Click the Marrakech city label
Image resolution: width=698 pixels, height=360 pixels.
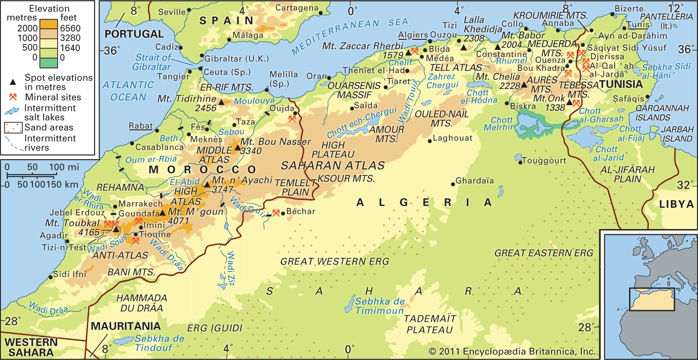140,204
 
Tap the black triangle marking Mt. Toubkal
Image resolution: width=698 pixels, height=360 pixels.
116,229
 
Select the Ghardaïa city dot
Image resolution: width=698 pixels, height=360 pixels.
453,184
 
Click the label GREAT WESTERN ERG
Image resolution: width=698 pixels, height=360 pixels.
335,261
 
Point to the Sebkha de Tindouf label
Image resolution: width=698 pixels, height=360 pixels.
159,343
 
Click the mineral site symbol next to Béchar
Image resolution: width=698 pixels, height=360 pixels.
276,213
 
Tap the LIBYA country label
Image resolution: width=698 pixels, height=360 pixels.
676,204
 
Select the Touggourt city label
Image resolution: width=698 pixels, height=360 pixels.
544,161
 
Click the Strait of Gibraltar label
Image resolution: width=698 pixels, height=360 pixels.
152,62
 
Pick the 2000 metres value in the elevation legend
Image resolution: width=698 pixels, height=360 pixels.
27,28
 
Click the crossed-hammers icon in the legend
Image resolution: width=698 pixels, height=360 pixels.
13,97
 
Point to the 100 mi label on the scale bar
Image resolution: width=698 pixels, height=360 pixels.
64,167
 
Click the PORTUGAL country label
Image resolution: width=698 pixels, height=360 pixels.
134,34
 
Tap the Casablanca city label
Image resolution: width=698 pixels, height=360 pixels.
159,147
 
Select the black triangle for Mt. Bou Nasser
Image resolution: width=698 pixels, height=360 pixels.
237,147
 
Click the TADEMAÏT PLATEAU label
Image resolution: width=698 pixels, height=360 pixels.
430,324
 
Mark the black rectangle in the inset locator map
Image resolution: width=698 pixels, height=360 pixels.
652,299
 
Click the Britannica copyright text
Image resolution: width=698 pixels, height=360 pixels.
512,351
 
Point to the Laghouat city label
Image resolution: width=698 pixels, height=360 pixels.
452,138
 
